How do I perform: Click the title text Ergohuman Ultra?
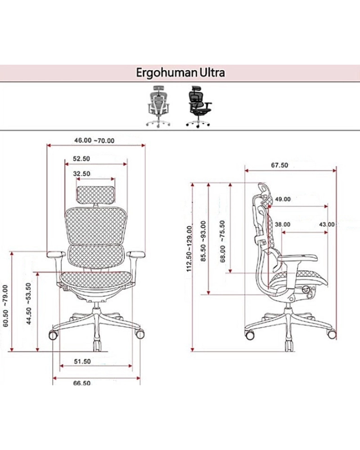180,72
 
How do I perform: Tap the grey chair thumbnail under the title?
159,107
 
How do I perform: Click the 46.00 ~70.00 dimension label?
94,140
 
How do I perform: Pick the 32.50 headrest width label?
81,173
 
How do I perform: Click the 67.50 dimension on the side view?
279,165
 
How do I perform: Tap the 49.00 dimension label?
283,199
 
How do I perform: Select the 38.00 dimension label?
283,224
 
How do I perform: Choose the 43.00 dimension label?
326,224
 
